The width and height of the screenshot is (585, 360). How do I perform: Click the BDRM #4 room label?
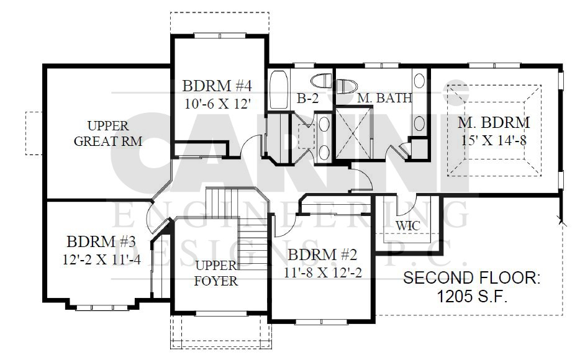coord(217,86)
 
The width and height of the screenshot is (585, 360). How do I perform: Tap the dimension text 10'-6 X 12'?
coord(217,103)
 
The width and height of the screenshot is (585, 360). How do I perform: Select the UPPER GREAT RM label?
coord(108,133)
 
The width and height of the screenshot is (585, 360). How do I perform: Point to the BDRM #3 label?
coord(101,241)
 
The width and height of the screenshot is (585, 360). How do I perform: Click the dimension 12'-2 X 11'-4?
coord(101,259)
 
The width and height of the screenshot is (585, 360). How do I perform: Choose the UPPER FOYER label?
coord(215,273)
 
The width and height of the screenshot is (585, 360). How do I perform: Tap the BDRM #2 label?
coord(323,255)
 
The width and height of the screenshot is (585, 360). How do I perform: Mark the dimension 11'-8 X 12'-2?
coord(323,272)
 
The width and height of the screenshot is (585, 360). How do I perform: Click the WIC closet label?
coord(408,226)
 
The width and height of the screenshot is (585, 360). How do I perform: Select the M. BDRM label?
coord(494,122)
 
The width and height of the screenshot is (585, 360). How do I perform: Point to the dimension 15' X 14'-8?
coord(494,141)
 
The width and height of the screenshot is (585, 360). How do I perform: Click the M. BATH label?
coord(384,97)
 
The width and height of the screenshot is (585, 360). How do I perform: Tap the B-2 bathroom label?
coord(308,99)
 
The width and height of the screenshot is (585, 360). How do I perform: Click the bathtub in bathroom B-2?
coord(279,89)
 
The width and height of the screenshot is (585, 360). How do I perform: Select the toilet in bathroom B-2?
coord(321,80)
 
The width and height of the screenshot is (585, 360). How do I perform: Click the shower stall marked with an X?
coord(354,133)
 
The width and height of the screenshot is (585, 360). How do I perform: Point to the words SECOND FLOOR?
coord(471,278)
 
